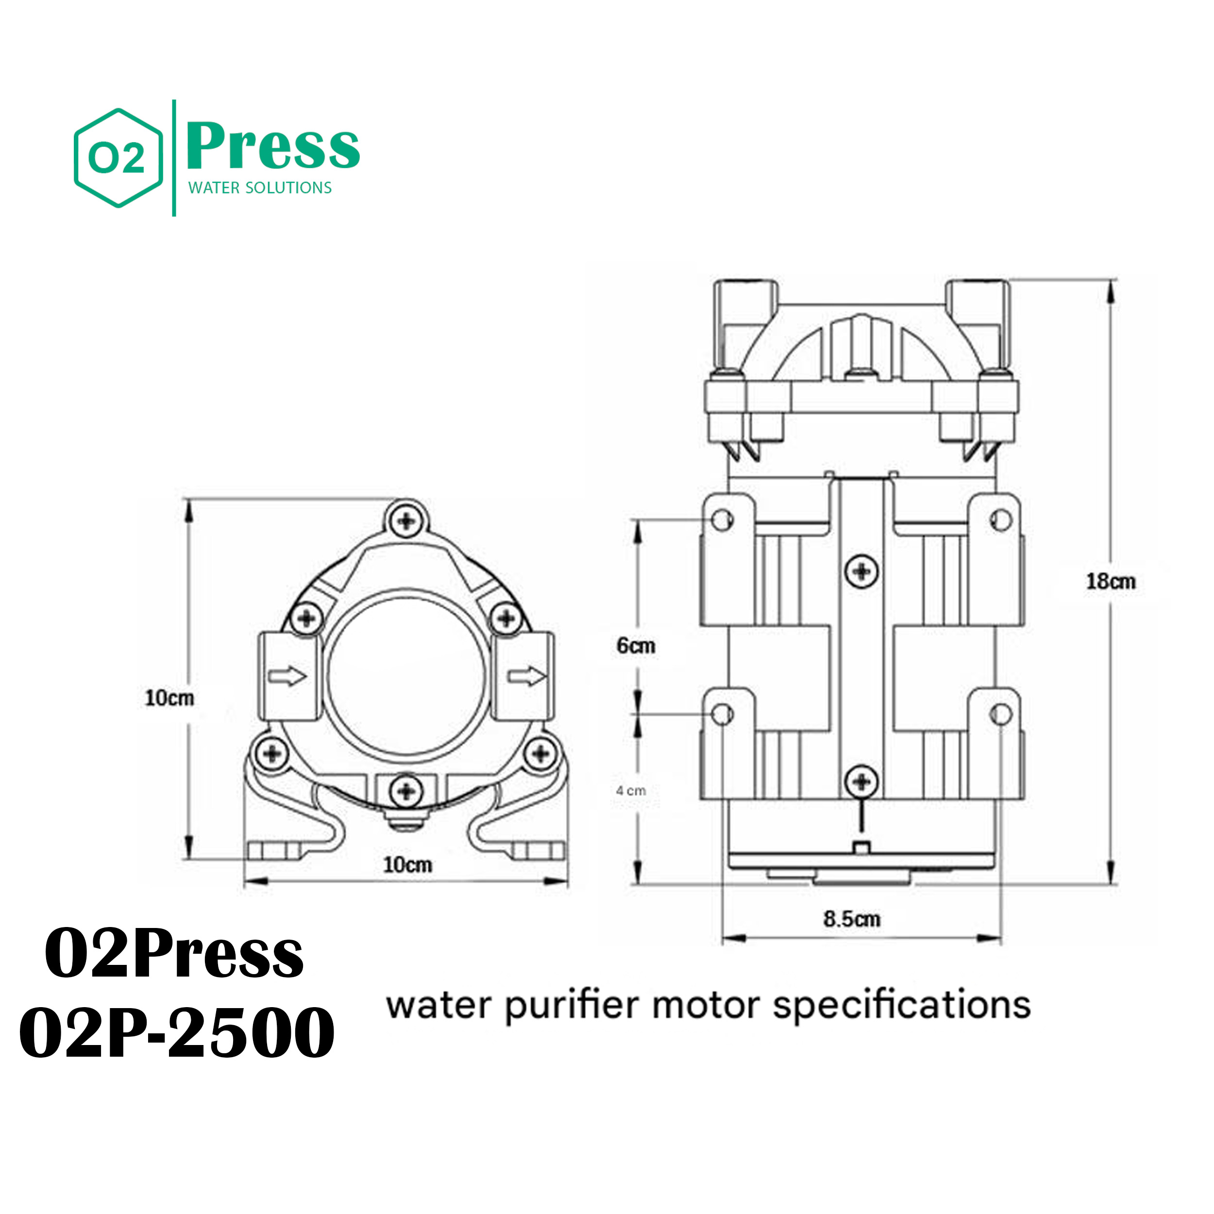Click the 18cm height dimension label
click(1111, 581)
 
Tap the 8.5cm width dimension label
click(852, 919)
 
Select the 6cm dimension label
click(636, 645)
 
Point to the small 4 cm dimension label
click(631, 791)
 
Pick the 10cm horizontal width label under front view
click(408, 865)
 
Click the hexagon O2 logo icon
click(118, 158)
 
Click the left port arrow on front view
click(287, 676)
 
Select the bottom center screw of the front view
click(406, 790)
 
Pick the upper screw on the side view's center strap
click(861, 571)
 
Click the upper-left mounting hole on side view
click(722, 520)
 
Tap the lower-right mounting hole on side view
click(1001, 714)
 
